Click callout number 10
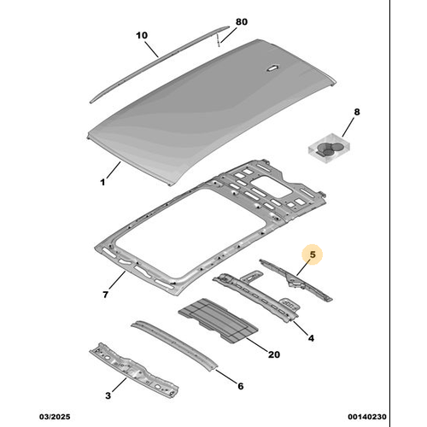tap(142, 35)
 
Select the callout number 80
tap(242, 21)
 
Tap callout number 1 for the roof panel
tap(102, 182)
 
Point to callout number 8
tap(357, 112)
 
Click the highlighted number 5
tap(313, 254)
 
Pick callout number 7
tap(105, 295)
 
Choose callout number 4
tap(311, 338)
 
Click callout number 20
tap(274, 354)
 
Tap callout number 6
tap(241, 386)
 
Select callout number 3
tap(108, 395)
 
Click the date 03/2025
tap(55, 417)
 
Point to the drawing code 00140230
tap(367, 417)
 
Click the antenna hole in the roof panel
tap(272, 67)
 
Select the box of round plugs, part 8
tap(329, 148)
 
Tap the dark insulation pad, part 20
tap(218, 319)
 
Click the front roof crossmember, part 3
tap(134, 370)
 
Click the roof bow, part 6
tap(174, 346)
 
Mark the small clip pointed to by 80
tap(218, 39)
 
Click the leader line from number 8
tap(348, 126)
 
